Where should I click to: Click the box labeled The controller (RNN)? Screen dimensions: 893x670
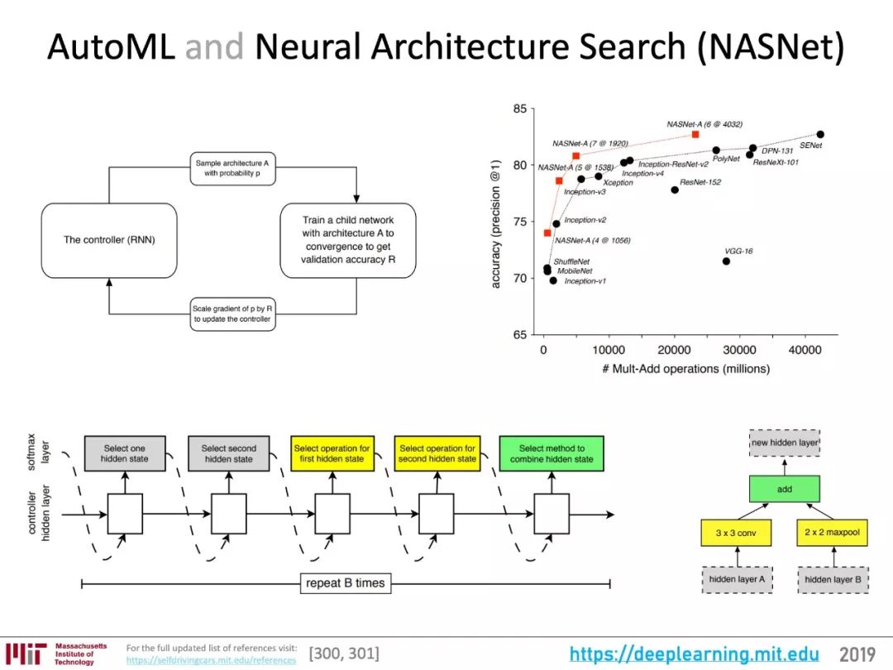pyautogui.click(x=109, y=241)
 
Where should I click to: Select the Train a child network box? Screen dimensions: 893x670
pyautogui.click(x=348, y=241)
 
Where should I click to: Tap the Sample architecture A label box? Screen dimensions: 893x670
pyautogui.click(x=232, y=169)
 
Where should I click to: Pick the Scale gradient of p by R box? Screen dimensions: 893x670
pyautogui.click(x=232, y=314)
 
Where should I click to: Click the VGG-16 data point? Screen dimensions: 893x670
pyautogui.click(x=726, y=261)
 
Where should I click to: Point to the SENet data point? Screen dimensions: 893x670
pyautogui.click(x=820, y=135)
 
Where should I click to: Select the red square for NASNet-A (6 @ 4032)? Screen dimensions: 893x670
pyautogui.click(x=695, y=135)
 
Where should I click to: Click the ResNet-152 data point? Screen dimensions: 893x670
pyautogui.click(x=675, y=189)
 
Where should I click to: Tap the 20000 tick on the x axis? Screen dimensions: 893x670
pyautogui.click(x=674, y=350)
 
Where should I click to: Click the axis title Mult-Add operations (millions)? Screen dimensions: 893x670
pyautogui.click(x=686, y=369)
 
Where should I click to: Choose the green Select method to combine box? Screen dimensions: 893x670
pyautogui.click(x=552, y=453)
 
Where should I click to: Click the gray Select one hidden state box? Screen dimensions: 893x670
pyautogui.click(x=125, y=453)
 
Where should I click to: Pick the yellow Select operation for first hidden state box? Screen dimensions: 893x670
pyautogui.click(x=332, y=453)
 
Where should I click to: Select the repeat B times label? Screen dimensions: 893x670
pyautogui.click(x=345, y=583)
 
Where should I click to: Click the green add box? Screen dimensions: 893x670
pyautogui.click(x=784, y=489)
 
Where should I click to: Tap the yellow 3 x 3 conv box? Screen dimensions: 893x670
pyautogui.click(x=736, y=533)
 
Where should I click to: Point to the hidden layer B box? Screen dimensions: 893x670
pyautogui.click(x=833, y=580)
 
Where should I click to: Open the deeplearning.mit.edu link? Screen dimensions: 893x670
pyautogui.click(x=695, y=654)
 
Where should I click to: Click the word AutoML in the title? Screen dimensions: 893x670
pyautogui.click(x=111, y=46)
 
